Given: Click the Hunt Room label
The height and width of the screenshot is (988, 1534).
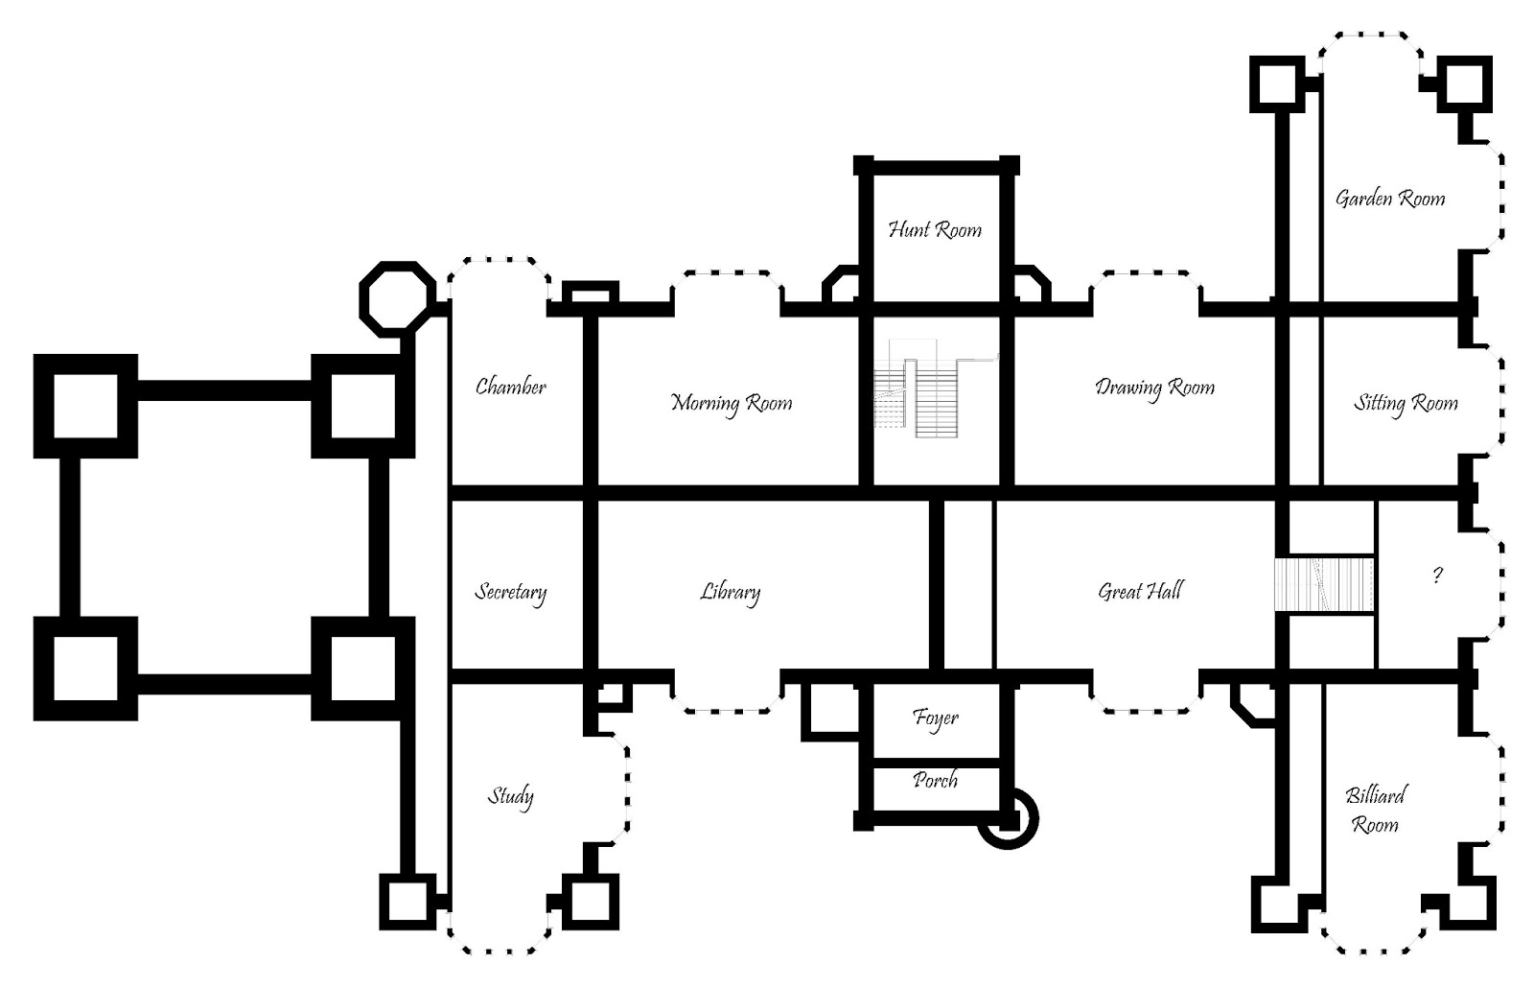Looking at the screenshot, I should pyautogui.click(x=935, y=230).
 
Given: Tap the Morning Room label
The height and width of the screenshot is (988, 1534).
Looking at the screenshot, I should pyautogui.click(x=732, y=403).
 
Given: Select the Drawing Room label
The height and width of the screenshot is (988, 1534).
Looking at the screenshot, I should pyautogui.click(x=1154, y=388).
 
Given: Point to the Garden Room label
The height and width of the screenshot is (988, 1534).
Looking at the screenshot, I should pyautogui.click(x=1390, y=199).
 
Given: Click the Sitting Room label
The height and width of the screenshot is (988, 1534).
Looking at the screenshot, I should pyautogui.click(x=1406, y=403).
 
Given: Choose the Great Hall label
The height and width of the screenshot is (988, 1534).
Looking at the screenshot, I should pyautogui.click(x=1140, y=591).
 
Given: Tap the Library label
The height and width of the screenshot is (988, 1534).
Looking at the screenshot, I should pyautogui.click(x=731, y=592).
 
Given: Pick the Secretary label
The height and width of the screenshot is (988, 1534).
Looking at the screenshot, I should pyautogui.click(x=511, y=592).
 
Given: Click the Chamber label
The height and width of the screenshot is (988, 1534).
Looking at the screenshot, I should pyautogui.click(x=511, y=388).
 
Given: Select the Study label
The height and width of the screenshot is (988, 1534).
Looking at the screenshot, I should pyautogui.click(x=511, y=796).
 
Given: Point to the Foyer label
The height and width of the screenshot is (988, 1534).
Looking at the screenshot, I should pyautogui.click(x=936, y=717).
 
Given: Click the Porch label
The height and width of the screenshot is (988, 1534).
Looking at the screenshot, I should pyautogui.click(x=936, y=780).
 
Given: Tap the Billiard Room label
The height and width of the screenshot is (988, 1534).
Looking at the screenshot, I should pyautogui.click(x=1376, y=809).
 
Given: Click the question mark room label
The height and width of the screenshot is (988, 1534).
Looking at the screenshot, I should pyautogui.click(x=1436, y=576).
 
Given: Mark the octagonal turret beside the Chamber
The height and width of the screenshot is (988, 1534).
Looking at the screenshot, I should pyautogui.click(x=397, y=297).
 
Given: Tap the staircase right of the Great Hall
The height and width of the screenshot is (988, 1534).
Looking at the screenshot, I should pyautogui.click(x=1324, y=584).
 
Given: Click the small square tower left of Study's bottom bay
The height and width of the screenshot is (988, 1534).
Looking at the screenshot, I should pyautogui.click(x=408, y=902).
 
